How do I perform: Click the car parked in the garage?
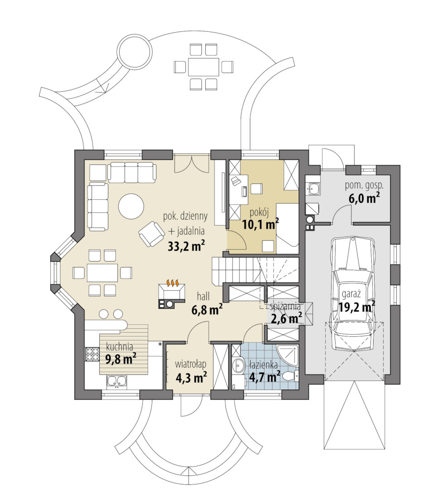[352, 294]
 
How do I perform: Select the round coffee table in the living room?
[131, 207]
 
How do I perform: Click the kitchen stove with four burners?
[92, 355]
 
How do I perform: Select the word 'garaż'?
[349, 294]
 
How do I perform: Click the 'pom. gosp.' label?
[364, 186]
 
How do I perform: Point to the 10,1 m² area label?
[261, 224]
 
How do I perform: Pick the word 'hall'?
[203, 296]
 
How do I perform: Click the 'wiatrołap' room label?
[191, 364]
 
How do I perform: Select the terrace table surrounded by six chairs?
[204, 67]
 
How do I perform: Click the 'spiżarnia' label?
[285, 306]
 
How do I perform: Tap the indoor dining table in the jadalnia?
[102, 272]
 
